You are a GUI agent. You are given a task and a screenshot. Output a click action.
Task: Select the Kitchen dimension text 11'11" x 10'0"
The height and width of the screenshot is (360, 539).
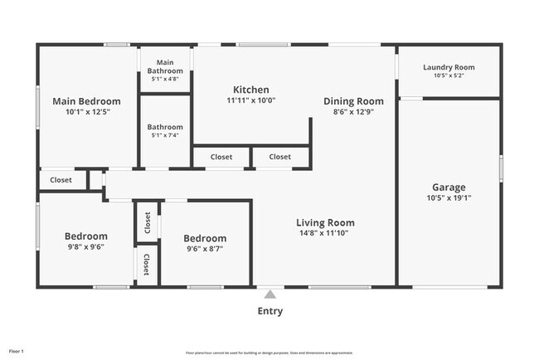(x=250, y=100)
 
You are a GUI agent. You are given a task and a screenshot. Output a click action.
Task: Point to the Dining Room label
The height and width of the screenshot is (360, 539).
(x=353, y=101)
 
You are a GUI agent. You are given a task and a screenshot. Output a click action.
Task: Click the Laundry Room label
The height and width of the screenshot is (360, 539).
(x=449, y=67)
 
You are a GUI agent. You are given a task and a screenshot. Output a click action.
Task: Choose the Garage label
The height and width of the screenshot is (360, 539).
(x=449, y=187)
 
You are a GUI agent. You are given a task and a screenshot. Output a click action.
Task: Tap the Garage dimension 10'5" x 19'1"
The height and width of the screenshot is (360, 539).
(x=449, y=198)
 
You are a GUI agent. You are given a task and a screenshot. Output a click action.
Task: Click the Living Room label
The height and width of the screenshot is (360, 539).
(x=326, y=222)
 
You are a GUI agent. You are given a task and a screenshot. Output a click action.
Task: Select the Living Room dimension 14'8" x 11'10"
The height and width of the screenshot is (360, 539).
(x=326, y=233)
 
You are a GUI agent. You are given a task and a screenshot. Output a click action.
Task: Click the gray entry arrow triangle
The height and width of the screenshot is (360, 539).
(x=269, y=294)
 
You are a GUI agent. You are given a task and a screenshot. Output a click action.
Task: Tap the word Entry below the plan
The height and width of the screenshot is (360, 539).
(x=269, y=311)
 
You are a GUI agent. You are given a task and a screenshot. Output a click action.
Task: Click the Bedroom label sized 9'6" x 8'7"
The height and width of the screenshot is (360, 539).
(x=205, y=238)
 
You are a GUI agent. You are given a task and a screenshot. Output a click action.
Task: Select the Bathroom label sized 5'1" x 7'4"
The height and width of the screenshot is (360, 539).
(x=165, y=127)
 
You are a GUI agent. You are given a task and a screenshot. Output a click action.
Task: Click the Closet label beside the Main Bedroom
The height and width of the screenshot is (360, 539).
(x=61, y=180)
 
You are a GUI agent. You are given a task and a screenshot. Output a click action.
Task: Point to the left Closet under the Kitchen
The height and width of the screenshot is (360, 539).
(x=221, y=156)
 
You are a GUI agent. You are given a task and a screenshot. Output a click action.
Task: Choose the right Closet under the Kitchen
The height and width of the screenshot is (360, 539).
(x=280, y=156)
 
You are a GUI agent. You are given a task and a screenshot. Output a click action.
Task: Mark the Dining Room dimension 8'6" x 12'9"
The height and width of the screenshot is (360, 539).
(x=353, y=112)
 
